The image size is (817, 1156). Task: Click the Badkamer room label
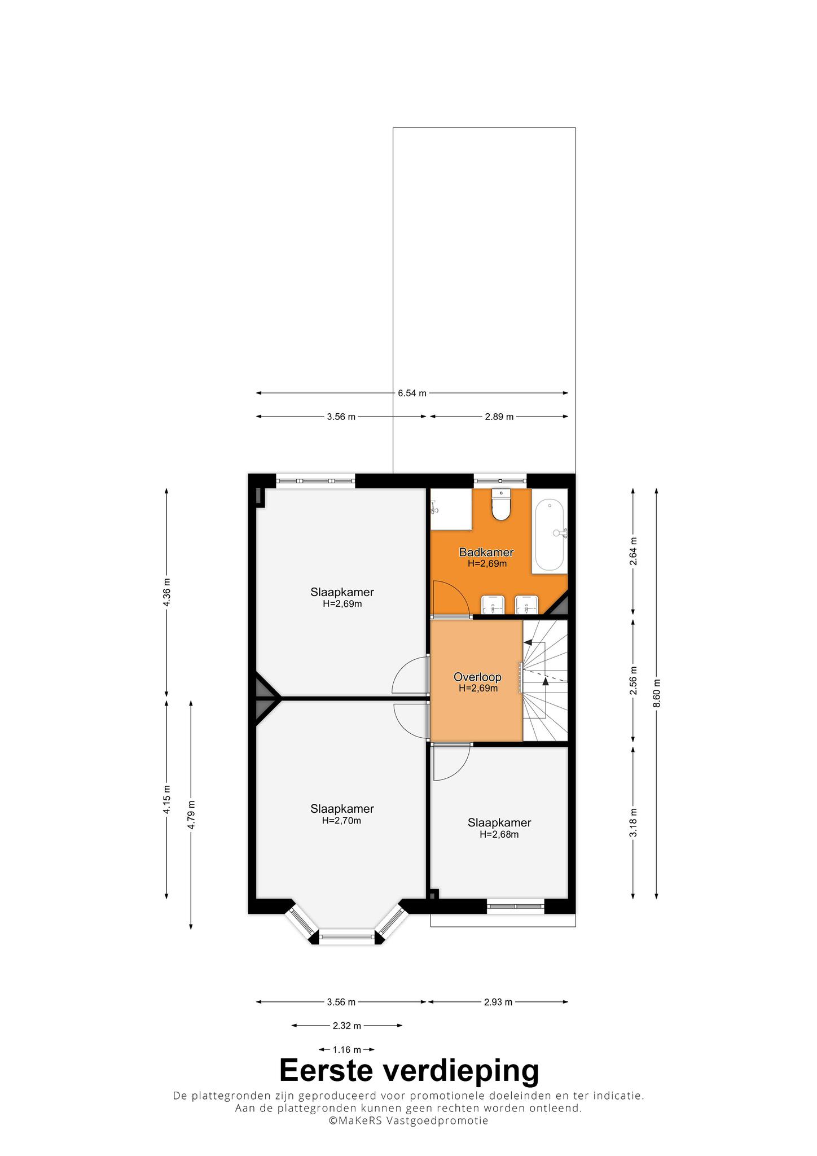tap(486, 552)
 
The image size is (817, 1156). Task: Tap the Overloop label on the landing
tap(477, 677)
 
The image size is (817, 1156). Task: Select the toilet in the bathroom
tap(500, 504)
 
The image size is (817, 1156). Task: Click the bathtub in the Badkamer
tap(550, 535)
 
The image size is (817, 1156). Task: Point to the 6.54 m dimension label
tap(412, 393)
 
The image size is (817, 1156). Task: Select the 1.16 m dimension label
tap(346, 1049)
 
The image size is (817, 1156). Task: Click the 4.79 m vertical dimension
tap(191, 815)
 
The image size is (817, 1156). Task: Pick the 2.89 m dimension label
tap(499, 417)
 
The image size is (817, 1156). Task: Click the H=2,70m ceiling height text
tap(341, 821)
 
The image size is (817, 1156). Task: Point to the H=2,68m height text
tap(499, 834)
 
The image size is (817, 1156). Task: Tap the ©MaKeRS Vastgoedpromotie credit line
tap(409, 1120)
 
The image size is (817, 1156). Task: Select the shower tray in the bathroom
tap(451, 509)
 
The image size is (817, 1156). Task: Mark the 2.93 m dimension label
tap(498, 1002)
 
